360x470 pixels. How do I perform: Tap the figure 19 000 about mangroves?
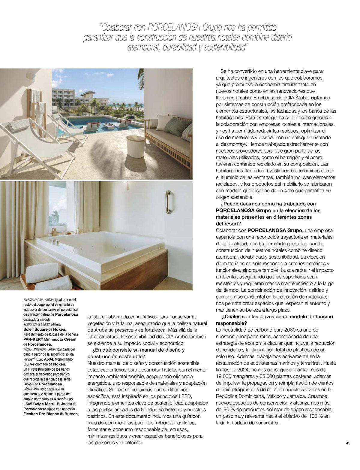tap(225, 376)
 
